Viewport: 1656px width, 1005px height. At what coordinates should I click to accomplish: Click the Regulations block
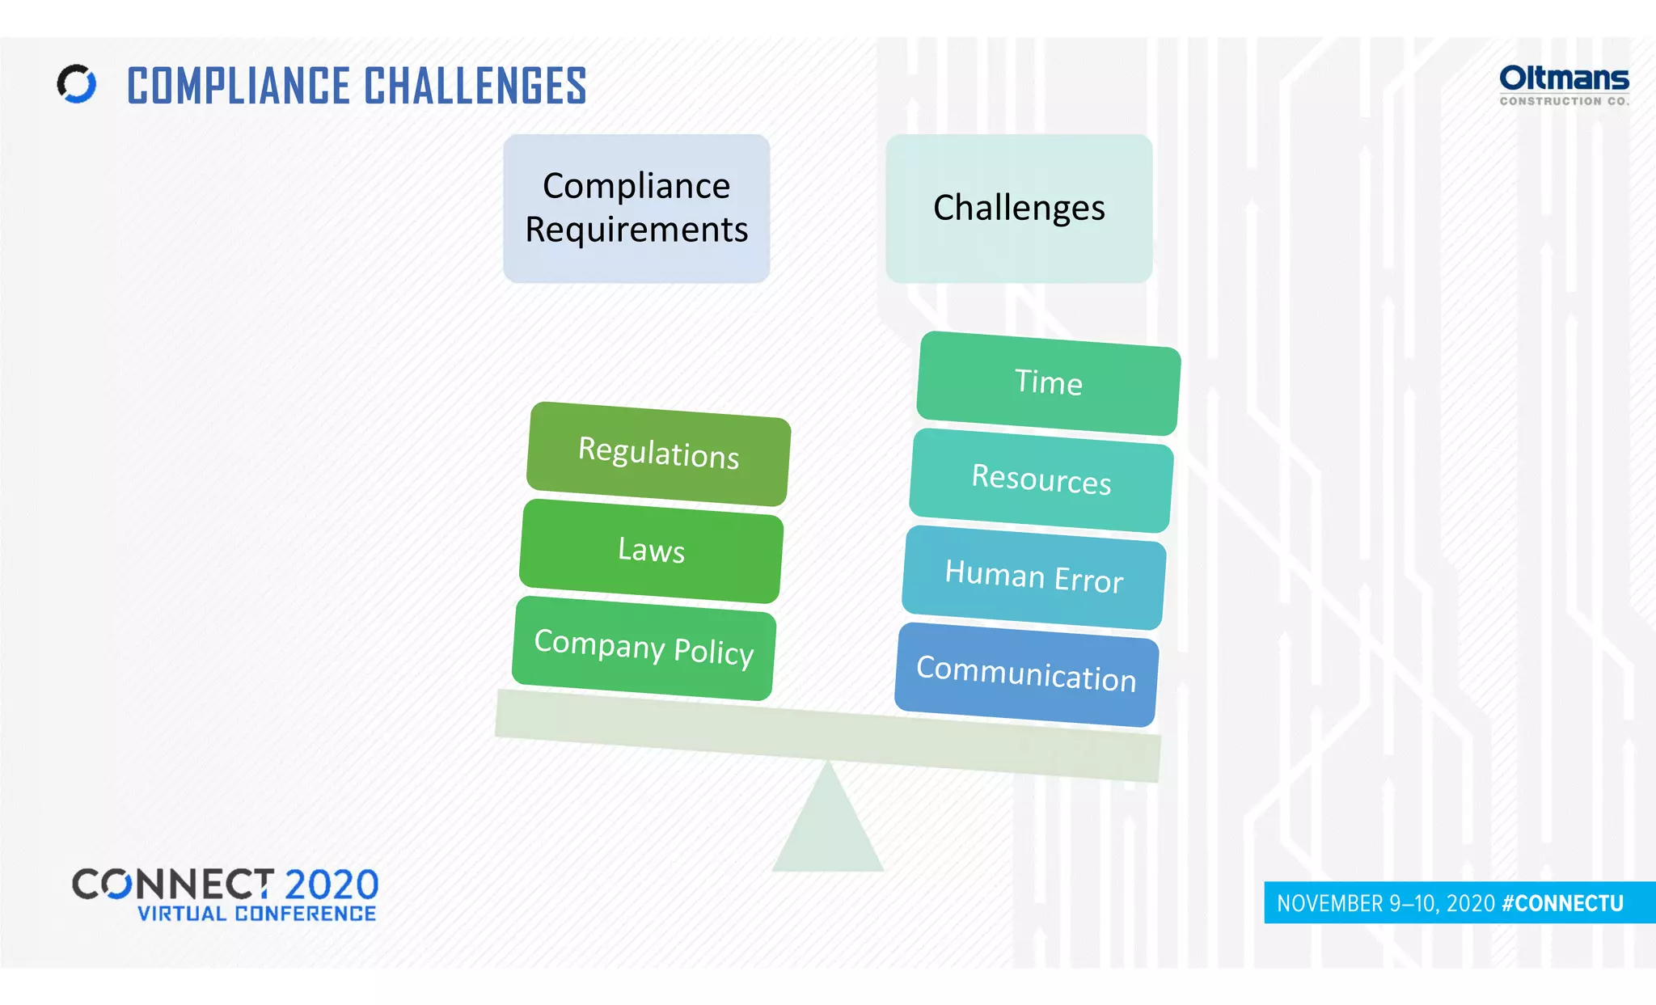tap(658, 454)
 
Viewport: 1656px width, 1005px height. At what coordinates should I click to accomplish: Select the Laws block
tap(651, 551)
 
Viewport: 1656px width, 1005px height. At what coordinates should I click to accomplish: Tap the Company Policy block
tap(644, 648)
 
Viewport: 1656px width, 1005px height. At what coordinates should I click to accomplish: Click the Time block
tap(1048, 382)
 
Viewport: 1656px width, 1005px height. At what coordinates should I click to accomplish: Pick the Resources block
tap(1041, 479)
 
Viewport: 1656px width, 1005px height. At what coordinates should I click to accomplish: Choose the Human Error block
tap(1034, 577)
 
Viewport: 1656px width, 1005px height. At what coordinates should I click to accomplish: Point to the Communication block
tap(1026, 674)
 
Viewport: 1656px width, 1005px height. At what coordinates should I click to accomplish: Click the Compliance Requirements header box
tap(636, 208)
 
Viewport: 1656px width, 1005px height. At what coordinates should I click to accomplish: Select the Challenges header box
tap(1019, 208)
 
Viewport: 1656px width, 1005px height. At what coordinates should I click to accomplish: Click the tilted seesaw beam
tap(828, 736)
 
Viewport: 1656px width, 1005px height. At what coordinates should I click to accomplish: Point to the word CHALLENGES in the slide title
tap(475, 87)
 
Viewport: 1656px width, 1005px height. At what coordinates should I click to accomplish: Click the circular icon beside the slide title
tap(77, 84)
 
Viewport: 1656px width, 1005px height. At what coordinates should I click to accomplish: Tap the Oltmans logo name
tap(1564, 78)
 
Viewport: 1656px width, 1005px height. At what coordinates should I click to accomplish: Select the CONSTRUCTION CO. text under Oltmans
tap(1564, 101)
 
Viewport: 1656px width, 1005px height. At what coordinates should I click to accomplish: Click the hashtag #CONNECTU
tap(1562, 903)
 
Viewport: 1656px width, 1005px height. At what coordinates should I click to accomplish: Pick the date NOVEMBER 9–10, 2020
tap(1385, 903)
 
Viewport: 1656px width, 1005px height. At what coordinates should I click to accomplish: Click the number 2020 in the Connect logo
tap(332, 885)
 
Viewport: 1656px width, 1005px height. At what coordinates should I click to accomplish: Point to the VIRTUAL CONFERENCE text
tap(256, 914)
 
